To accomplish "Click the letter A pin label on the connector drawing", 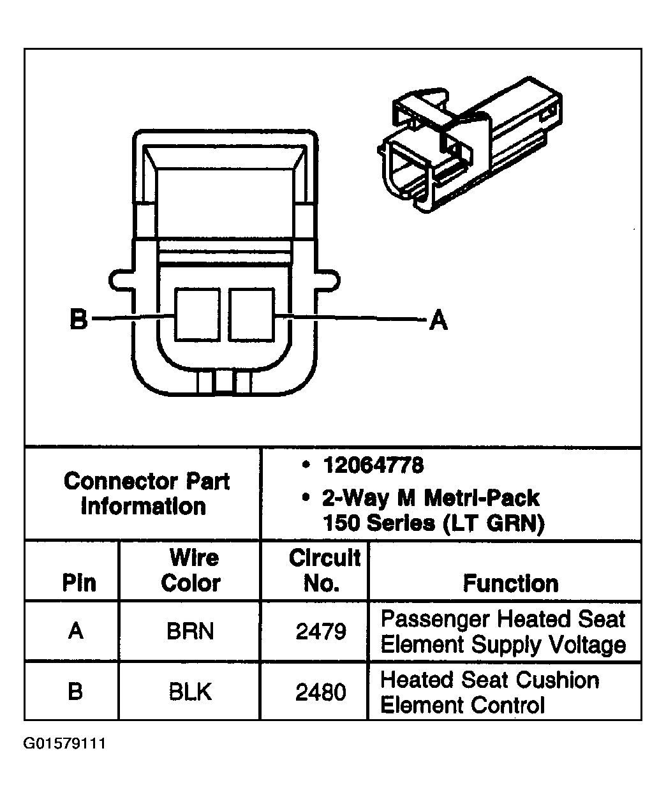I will click(438, 318).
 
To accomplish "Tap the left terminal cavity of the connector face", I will click(198, 314).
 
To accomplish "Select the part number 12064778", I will click(373, 465).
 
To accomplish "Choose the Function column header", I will click(510, 583).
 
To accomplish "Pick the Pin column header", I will click(79, 583).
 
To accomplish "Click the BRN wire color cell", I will click(190, 631).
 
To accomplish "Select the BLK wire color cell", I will click(190, 692).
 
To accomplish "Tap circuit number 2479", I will click(321, 631).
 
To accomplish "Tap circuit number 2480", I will click(321, 692).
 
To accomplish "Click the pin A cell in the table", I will click(75, 631).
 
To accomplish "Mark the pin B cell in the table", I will click(75, 692).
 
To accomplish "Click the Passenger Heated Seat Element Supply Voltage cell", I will click(503, 631).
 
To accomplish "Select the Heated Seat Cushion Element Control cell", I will click(490, 692).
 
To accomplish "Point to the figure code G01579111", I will click(64, 744).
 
